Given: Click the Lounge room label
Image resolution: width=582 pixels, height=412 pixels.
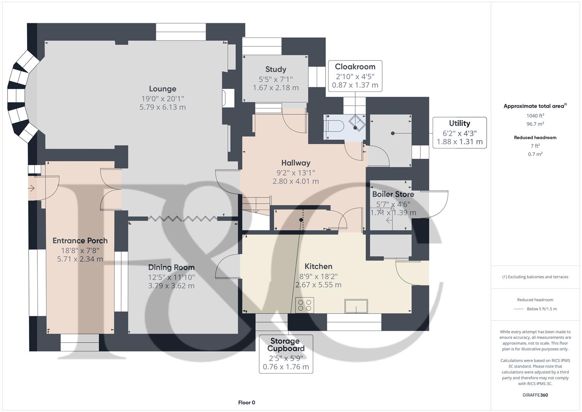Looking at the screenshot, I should (162, 89).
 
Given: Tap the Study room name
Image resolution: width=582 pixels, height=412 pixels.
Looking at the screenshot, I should (276, 69).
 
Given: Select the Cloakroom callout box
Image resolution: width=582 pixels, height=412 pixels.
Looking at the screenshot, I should (355, 76).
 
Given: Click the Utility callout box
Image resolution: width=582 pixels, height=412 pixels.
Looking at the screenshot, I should (459, 132).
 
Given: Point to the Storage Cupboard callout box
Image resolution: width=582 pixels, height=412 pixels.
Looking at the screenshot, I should (286, 354).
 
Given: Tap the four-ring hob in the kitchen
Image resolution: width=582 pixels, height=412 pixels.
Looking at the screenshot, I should (305, 305).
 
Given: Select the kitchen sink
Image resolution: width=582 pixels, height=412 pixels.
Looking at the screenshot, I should (356, 306).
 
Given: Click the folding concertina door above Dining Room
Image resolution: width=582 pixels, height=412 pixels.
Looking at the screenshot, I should (183, 219).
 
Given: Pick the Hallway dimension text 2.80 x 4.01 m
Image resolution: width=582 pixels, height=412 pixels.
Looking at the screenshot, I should (296, 182).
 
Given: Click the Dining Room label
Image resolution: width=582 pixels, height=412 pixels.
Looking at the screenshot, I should (171, 267).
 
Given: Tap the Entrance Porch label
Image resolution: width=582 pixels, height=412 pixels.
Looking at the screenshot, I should (80, 241).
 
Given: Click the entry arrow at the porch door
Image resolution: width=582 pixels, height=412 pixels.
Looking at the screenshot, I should (31, 188).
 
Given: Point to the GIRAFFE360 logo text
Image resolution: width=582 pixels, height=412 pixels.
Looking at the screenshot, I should (535, 395).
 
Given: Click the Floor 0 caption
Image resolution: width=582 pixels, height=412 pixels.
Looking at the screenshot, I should (247, 402).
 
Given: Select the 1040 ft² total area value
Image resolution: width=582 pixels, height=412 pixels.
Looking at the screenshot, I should (535, 116).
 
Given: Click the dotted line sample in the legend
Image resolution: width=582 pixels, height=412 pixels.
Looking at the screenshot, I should (519, 309).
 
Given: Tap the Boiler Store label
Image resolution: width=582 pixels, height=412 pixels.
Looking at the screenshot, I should (393, 194).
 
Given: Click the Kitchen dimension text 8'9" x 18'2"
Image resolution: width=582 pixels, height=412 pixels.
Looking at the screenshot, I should (318, 276).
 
